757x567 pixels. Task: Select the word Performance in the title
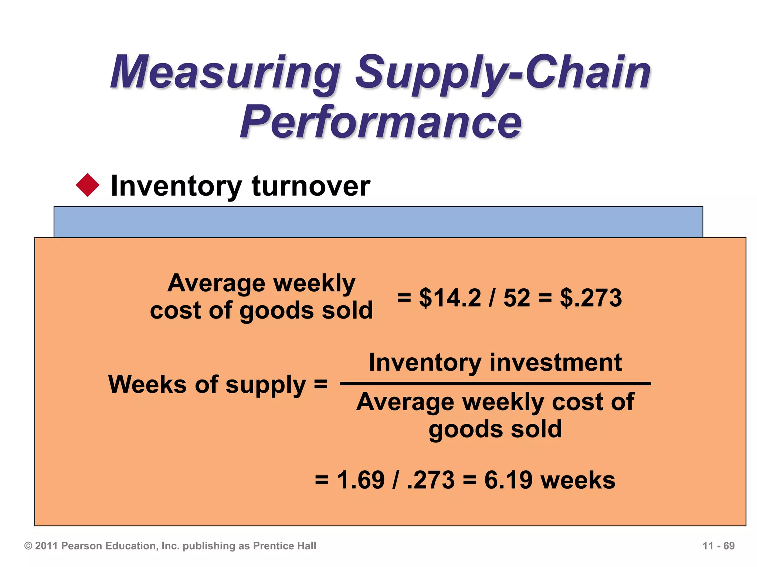381,122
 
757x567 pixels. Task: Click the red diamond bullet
88,185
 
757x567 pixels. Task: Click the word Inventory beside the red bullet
176,186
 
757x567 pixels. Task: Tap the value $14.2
449,298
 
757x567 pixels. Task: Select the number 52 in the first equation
516,298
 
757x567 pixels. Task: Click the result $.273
591,298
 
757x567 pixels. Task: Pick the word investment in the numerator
556,362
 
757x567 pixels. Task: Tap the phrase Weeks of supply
207,385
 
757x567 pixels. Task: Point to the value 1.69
360,480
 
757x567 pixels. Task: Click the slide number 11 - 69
718,546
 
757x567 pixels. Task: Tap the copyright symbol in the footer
28,546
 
